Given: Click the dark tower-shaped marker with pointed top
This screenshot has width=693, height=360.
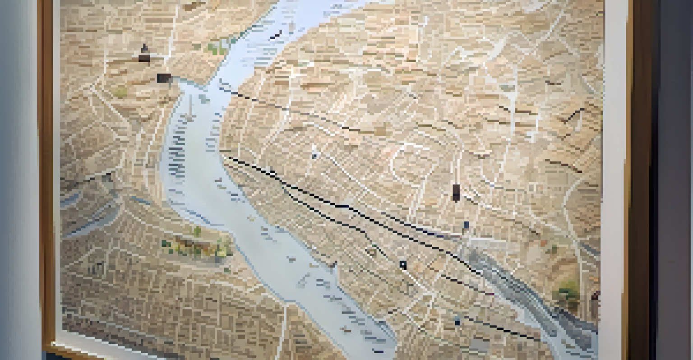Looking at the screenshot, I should pyautogui.click(x=144, y=53).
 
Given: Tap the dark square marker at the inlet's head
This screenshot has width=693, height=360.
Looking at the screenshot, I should pyautogui.click(x=163, y=78).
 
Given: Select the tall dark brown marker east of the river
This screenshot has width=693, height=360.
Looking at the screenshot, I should pyautogui.click(x=456, y=192).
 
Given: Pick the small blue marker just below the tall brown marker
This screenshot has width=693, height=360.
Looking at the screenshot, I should pyautogui.click(x=466, y=225).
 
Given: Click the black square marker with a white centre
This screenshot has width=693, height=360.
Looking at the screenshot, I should pyautogui.click(x=403, y=265).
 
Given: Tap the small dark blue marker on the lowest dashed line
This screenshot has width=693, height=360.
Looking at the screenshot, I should pyautogui.click(x=457, y=321).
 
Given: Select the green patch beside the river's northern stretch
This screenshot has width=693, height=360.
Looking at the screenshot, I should pyautogui.click(x=218, y=47).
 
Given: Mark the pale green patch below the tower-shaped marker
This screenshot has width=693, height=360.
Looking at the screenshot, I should pyautogui.click(x=121, y=92).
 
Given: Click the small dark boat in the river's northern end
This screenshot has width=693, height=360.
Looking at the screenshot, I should pyautogui.click(x=276, y=34).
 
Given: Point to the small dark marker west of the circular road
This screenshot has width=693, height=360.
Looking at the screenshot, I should pyautogui.click(x=315, y=155).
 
